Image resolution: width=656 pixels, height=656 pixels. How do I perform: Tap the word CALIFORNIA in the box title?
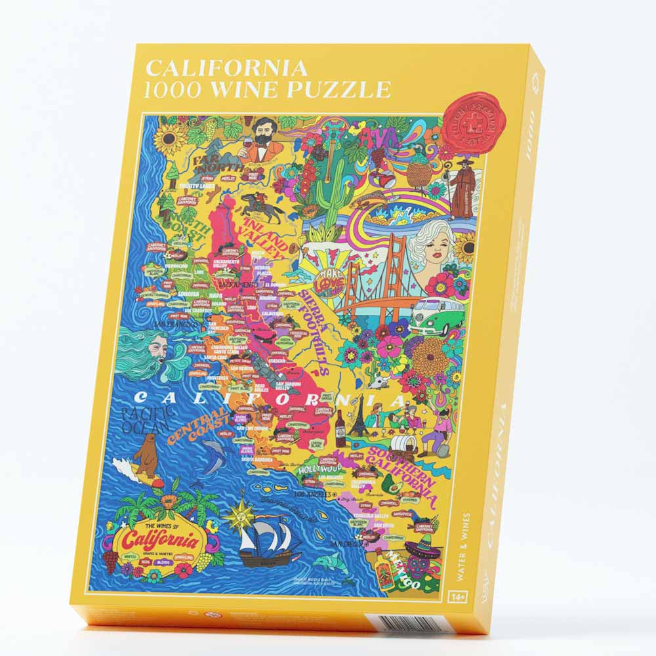coord(226,67)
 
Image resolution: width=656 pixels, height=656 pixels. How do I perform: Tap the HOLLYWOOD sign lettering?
coord(321,470)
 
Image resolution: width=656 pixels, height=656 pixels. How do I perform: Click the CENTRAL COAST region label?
coord(201,426)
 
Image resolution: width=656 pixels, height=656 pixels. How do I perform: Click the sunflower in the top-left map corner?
coord(169,137)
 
